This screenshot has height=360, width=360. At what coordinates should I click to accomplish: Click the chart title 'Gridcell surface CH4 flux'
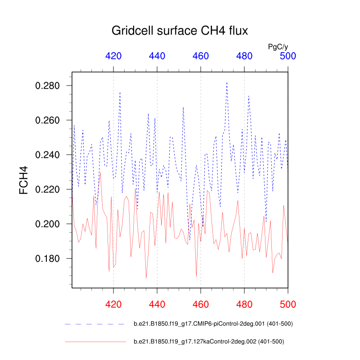(180, 31)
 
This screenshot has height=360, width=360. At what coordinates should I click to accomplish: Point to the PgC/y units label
(277, 46)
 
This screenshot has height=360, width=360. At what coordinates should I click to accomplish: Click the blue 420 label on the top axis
(113, 56)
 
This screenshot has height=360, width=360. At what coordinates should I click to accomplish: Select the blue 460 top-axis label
(201, 56)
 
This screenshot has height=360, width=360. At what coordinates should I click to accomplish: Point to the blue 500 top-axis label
(288, 56)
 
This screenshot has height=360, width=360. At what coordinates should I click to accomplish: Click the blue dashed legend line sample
(94, 324)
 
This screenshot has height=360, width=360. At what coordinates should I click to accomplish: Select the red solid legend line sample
(94, 342)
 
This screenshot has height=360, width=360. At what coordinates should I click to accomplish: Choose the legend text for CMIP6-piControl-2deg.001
(214, 324)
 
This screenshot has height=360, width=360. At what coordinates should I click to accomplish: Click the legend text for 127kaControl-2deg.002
(209, 342)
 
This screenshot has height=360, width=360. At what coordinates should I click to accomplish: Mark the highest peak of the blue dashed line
(227, 82)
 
